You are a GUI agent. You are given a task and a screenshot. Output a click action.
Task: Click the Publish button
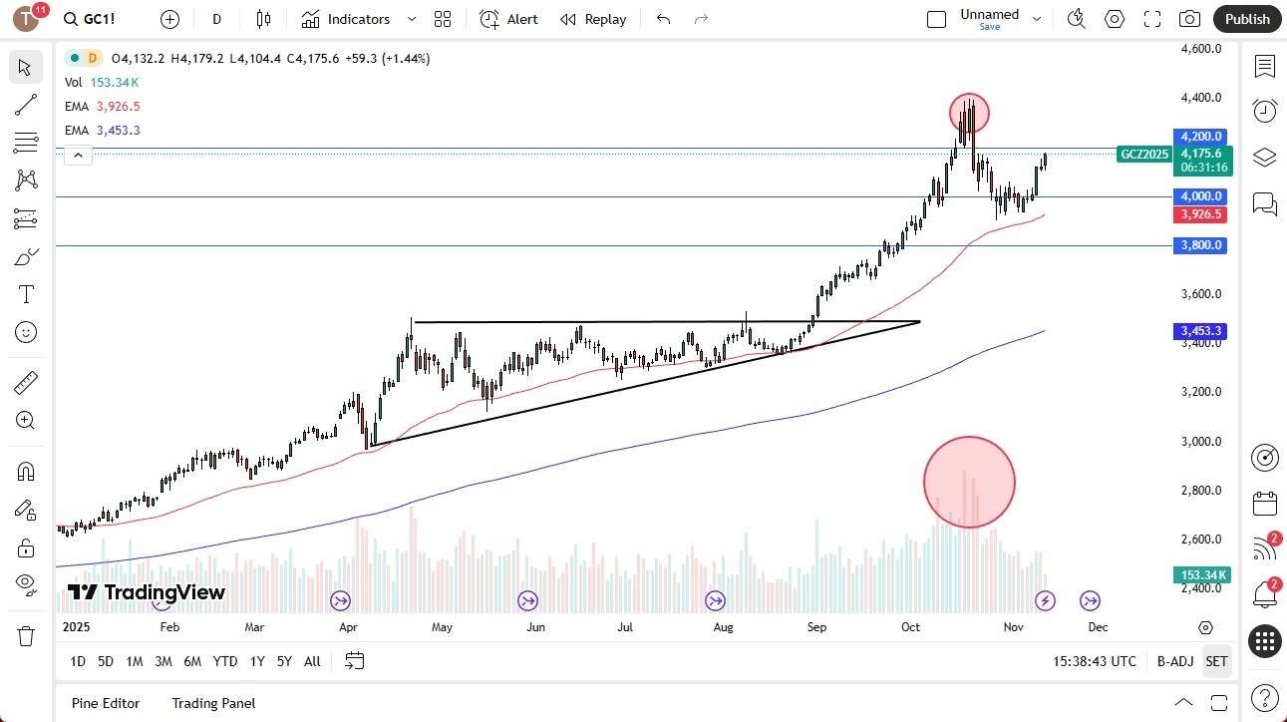(x=1247, y=19)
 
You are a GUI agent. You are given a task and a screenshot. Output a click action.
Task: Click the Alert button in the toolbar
(x=508, y=19)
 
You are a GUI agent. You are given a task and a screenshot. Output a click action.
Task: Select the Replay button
(x=593, y=19)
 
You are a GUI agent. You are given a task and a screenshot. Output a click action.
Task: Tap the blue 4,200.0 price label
(x=1201, y=137)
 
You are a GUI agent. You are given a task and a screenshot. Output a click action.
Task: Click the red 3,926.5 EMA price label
(x=1201, y=214)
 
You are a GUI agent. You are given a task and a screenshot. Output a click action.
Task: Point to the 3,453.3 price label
(x=1201, y=330)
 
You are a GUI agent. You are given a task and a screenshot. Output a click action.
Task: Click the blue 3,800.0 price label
(x=1201, y=245)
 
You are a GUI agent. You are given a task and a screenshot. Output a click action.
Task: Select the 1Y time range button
(x=257, y=661)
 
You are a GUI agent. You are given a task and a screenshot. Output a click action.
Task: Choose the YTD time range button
(x=225, y=661)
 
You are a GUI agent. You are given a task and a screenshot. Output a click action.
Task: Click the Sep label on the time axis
(x=816, y=627)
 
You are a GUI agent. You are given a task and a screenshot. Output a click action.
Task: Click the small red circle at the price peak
(x=969, y=113)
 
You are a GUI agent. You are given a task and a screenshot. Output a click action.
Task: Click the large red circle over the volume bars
(x=969, y=482)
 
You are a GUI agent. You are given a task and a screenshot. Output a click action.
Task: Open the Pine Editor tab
(x=106, y=703)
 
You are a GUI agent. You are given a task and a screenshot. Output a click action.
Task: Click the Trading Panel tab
(x=213, y=703)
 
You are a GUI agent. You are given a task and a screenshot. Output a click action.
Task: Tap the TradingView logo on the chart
(x=146, y=592)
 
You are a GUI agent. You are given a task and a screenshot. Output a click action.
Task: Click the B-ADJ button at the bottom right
(x=1175, y=661)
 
